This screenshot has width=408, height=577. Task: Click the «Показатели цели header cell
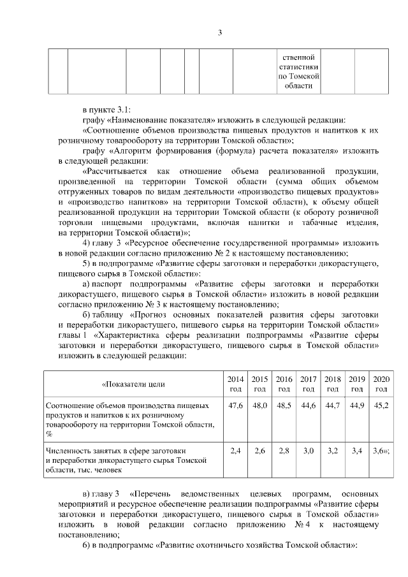click(x=133, y=384)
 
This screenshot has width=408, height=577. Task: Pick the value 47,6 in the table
click(x=235, y=406)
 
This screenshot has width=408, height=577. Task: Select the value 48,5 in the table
click(x=284, y=406)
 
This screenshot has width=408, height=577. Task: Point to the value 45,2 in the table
click(x=381, y=406)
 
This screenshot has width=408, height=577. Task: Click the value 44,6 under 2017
click(x=309, y=406)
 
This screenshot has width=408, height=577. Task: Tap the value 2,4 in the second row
click(x=235, y=451)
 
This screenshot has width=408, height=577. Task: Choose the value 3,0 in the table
click(x=309, y=451)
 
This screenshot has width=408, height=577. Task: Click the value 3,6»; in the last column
click(x=382, y=451)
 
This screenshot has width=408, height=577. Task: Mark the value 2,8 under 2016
click(x=284, y=451)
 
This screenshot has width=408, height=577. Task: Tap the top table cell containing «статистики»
click(x=299, y=67)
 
